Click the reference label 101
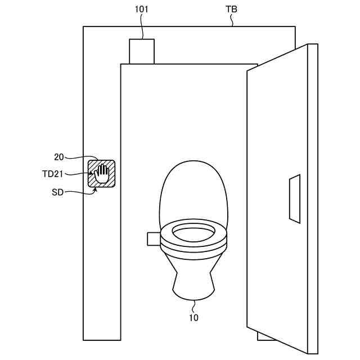142,10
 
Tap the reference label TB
231,10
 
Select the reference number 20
59,157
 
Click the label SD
58,192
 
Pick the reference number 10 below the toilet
193,318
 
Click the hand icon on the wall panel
102,173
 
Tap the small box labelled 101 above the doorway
142,51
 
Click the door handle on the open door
295,197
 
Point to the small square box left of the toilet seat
154,238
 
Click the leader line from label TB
232,21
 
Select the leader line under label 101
142,27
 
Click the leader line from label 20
84,157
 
